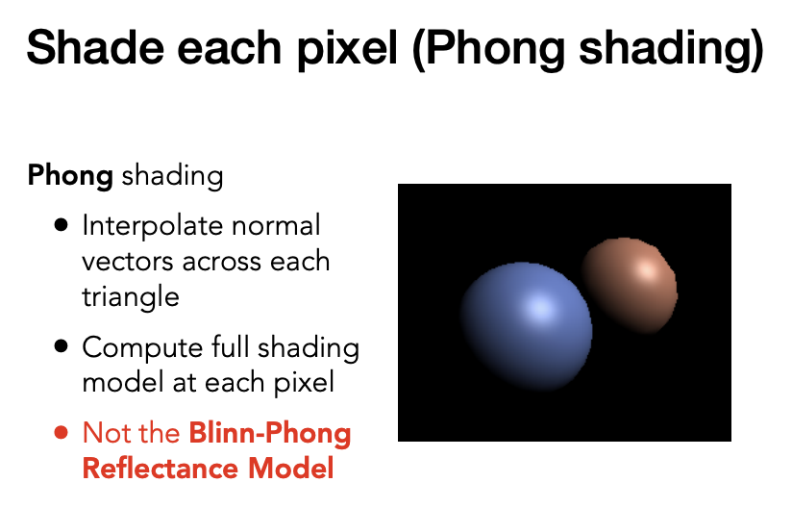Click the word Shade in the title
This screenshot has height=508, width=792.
point(95,47)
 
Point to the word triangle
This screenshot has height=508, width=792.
point(131,297)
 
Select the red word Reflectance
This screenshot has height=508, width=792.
point(161,468)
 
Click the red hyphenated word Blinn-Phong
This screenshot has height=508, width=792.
point(270,434)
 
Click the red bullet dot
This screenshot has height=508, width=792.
point(61,433)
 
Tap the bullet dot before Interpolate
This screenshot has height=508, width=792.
point(61,225)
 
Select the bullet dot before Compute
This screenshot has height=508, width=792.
point(61,346)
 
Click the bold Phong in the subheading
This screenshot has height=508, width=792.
point(70,176)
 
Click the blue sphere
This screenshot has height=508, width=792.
point(526,326)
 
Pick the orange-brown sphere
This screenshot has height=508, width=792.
point(630,286)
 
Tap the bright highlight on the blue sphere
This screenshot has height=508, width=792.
point(540,307)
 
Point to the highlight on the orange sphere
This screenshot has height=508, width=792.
point(648,270)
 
